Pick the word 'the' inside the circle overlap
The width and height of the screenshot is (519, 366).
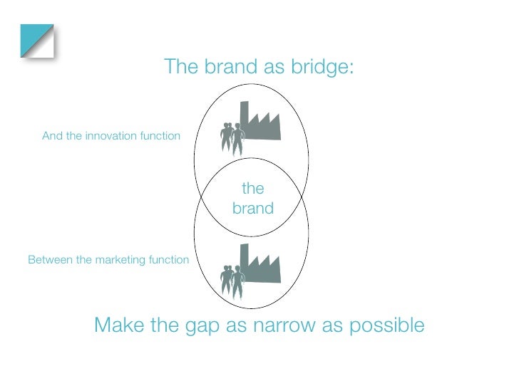[x=253, y=189]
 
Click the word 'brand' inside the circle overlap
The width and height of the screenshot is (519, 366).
[x=253, y=209]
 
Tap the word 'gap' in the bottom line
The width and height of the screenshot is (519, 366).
[x=200, y=327]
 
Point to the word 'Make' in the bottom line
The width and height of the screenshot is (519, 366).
[x=120, y=325]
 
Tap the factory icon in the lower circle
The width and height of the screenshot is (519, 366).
[x=260, y=268]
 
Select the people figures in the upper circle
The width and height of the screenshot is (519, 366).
[x=232, y=137]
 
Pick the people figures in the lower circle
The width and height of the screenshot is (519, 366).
[x=232, y=280]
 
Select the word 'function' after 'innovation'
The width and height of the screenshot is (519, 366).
[x=159, y=135]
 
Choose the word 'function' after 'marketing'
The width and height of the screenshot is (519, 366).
[x=168, y=260]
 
